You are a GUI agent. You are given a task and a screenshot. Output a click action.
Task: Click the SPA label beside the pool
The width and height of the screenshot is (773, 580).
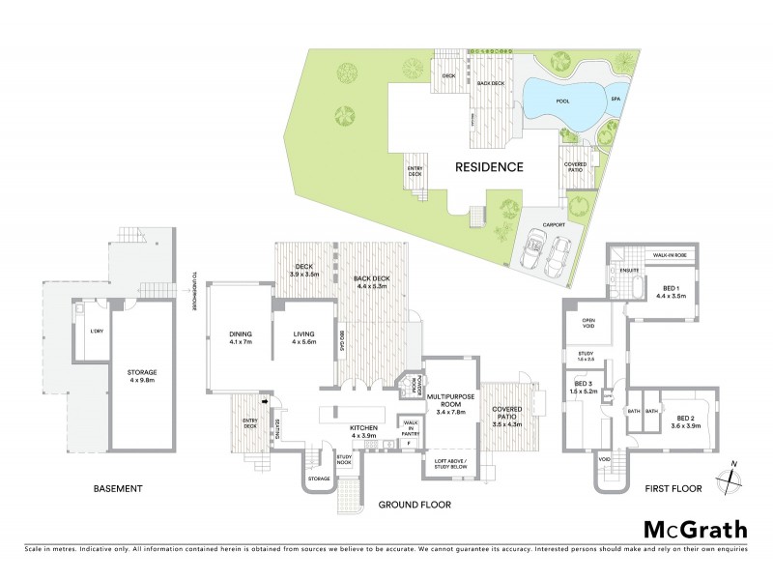616,98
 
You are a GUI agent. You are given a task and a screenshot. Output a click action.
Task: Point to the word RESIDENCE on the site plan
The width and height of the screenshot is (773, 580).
491,167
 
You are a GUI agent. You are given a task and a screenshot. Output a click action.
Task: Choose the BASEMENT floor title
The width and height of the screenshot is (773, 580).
119,489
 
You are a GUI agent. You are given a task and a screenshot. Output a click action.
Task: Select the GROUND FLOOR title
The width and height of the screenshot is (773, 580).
416,505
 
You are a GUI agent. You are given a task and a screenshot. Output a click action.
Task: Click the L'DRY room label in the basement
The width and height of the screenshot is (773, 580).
83,332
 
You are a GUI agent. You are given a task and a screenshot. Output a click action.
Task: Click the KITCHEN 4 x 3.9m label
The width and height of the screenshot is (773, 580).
345,431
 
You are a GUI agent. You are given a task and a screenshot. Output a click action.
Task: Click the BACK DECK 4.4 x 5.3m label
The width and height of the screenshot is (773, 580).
372,283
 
